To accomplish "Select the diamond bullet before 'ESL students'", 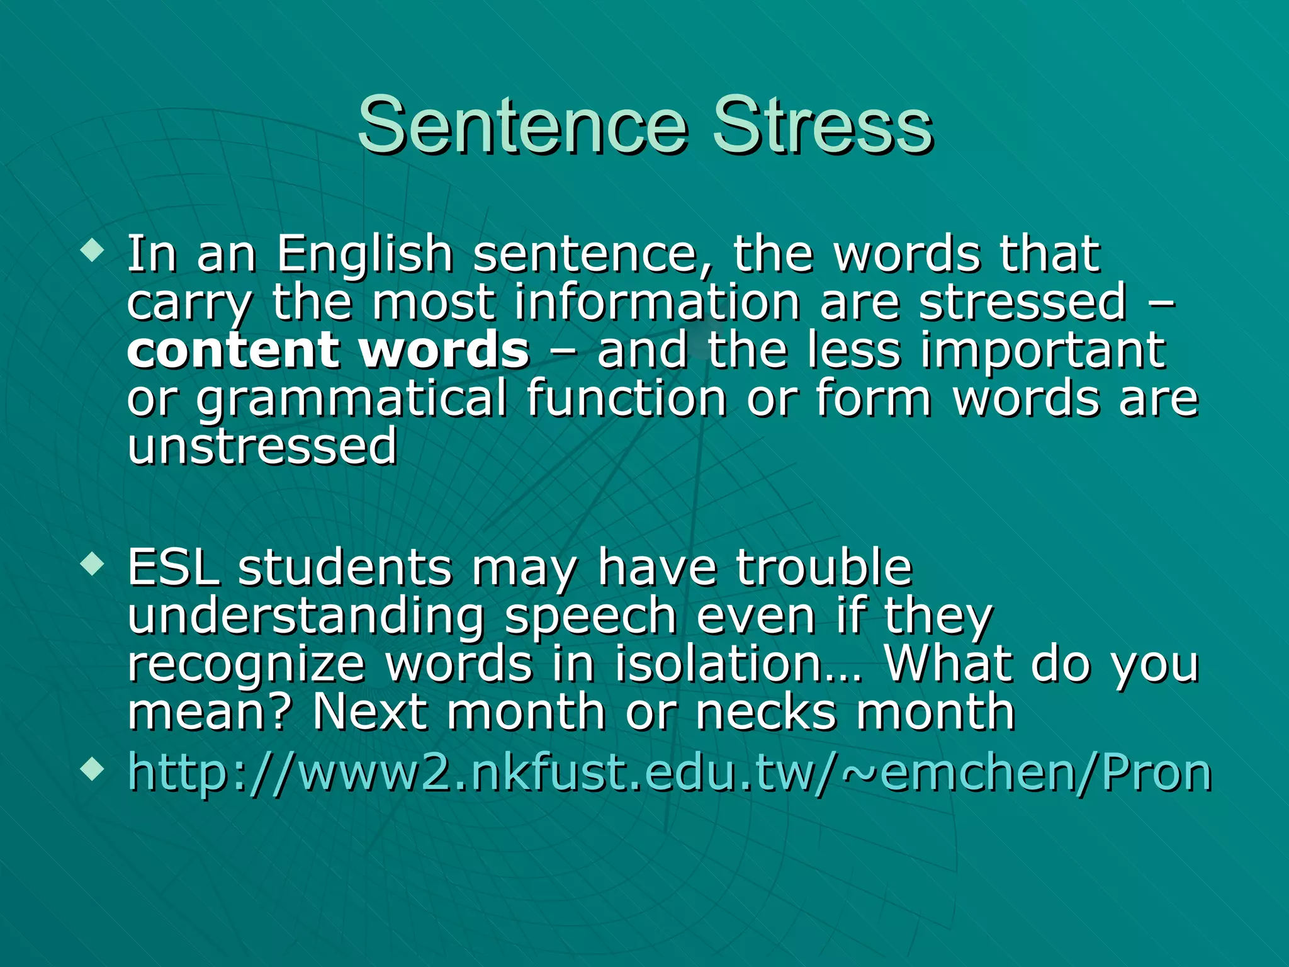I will tap(93, 563).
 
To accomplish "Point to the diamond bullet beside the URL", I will tap(93, 768).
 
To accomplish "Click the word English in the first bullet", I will tap(365, 255).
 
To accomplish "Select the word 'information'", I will tap(657, 303).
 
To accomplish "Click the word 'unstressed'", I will tap(262, 446).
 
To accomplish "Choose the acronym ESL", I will tap(173, 568).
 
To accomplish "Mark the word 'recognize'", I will tap(246, 664).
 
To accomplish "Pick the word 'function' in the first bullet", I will tap(626, 399).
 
